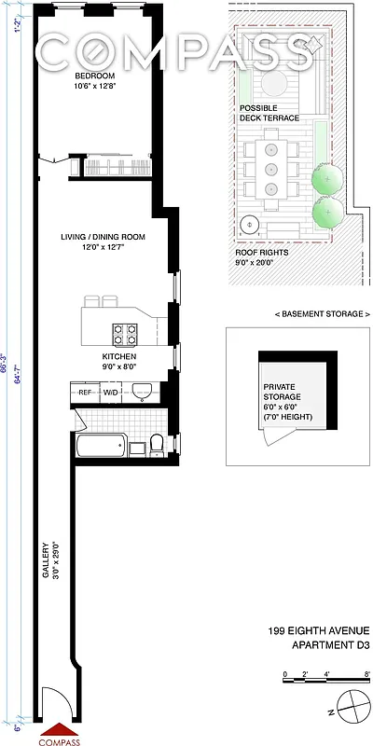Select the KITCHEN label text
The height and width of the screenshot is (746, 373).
(119, 357)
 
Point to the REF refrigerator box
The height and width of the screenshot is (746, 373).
(85, 393)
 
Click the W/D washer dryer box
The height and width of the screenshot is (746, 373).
(111, 393)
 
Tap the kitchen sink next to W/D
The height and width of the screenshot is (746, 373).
(142, 391)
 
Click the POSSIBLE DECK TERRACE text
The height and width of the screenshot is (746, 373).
(269, 113)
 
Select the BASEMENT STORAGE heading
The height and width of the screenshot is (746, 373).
(298, 314)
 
